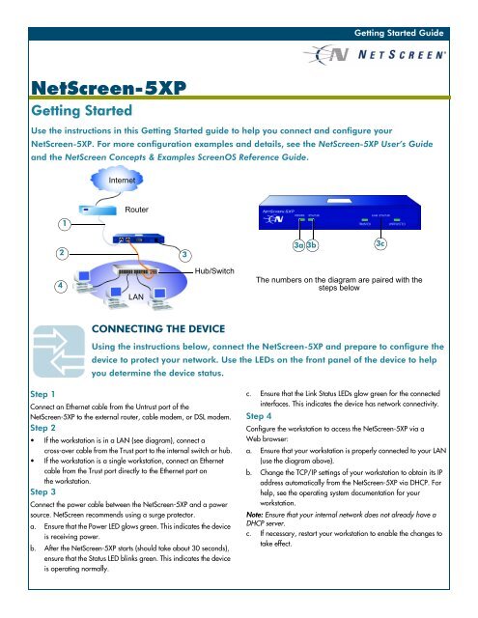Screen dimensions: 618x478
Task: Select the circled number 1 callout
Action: coord(65,223)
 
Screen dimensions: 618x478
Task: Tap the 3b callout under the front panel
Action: coord(313,246)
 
